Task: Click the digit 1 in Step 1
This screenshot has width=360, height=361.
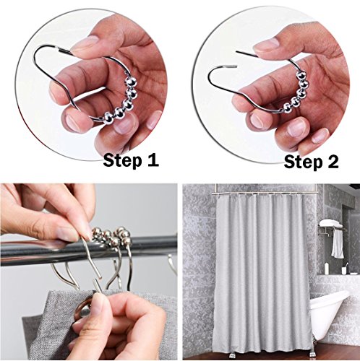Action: coord(153,160)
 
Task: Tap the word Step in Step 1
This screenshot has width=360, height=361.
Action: coord(122,161)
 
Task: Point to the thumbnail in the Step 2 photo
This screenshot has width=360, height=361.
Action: coord(266,45)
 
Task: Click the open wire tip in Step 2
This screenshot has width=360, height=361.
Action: coord(236,51)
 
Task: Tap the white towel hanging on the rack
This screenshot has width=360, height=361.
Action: coord(338,243)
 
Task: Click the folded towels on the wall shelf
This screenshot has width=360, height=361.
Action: coord(330,223)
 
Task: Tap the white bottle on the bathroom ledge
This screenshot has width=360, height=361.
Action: coord(327,268)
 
